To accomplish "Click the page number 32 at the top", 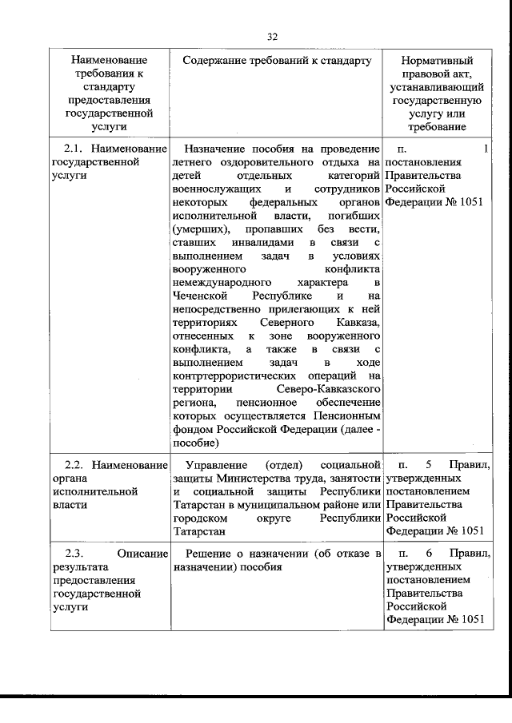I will [272, 36].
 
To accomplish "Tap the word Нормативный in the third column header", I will [437, 61].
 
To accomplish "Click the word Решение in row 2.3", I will [206, 554].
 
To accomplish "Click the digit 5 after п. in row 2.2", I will [429, 464].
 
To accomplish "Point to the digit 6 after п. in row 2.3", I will [429, 554].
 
